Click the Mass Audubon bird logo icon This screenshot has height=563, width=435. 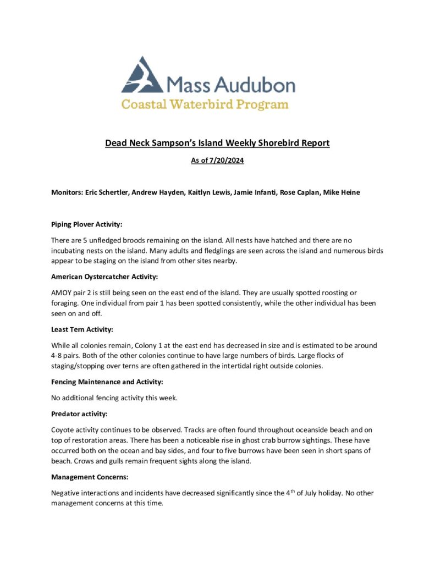point(142,75)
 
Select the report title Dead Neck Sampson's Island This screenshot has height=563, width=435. point(217,143)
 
